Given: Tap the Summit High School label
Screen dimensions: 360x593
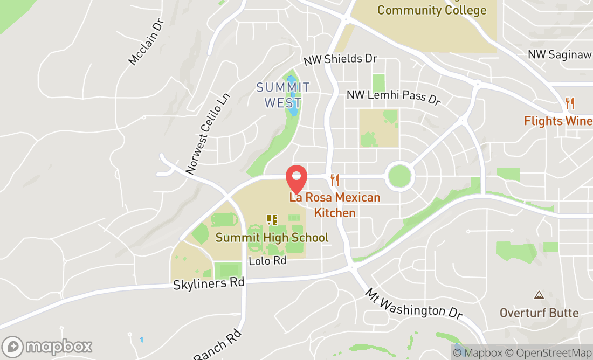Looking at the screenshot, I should tap(272, 237).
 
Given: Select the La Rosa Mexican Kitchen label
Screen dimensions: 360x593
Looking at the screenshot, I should tap(335, 205).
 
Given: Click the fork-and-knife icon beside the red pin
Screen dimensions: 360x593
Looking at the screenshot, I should tap(335, 179).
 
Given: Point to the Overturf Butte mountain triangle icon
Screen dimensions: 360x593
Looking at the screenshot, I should tap(539, 295).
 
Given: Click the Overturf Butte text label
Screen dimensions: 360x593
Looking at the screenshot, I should tap(539, 313).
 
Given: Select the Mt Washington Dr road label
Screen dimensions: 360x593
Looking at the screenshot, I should tap(413, 304).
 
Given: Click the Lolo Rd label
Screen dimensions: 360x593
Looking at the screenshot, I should tap(267, 261).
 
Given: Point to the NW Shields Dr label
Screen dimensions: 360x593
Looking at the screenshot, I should tap(340, 59).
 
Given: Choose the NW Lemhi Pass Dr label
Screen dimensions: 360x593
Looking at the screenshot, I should tap(394, 96).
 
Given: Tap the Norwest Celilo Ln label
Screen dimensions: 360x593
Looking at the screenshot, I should tap(208, 134).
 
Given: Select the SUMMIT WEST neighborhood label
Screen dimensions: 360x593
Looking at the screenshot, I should tap(283, 95).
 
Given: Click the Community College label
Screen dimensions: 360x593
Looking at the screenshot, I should tap(432, 10).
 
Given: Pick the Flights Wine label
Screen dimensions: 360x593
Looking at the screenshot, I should tap(557, 121).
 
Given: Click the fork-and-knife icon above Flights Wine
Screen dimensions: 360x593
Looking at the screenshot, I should tap(570, 103).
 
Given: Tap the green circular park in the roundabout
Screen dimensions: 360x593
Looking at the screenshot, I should tap(399, 176).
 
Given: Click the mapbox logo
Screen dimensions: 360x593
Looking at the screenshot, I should tap(47, 346).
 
